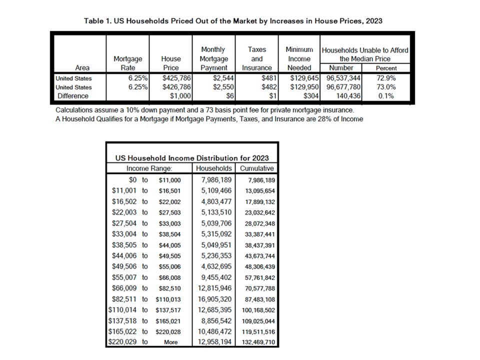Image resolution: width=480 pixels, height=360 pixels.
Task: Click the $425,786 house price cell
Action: [176, 78]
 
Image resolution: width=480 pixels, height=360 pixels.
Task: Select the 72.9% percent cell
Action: [386, 78]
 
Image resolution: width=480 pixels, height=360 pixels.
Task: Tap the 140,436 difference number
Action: [348, 96]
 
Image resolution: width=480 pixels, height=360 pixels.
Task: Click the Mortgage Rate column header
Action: [128, 63]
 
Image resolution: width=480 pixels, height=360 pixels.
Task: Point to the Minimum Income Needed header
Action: [299, 58]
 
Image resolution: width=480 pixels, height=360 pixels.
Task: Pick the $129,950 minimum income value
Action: [304, 87]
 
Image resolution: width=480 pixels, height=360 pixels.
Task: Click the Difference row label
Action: [73, 96]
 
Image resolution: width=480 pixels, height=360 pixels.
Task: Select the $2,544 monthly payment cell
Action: [223, 78]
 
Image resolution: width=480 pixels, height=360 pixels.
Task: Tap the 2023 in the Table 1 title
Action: [374, 21]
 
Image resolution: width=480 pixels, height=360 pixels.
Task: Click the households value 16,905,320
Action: [214, 299]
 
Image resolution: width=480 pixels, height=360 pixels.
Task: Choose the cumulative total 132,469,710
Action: [258, 342]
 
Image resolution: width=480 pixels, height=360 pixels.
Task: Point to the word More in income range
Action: [171, 342]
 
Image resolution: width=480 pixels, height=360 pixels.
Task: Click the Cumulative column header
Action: [257, 168]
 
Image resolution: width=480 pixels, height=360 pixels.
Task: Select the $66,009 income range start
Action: [124, 288]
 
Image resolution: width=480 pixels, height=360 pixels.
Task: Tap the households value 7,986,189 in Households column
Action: [216, 179]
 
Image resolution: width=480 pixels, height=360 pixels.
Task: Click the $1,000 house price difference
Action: [180, 96]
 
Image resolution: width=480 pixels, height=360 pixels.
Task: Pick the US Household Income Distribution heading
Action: [192, 158]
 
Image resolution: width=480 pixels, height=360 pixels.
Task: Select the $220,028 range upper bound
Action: [168, 331]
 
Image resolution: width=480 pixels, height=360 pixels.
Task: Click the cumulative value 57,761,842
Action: [260, 277]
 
